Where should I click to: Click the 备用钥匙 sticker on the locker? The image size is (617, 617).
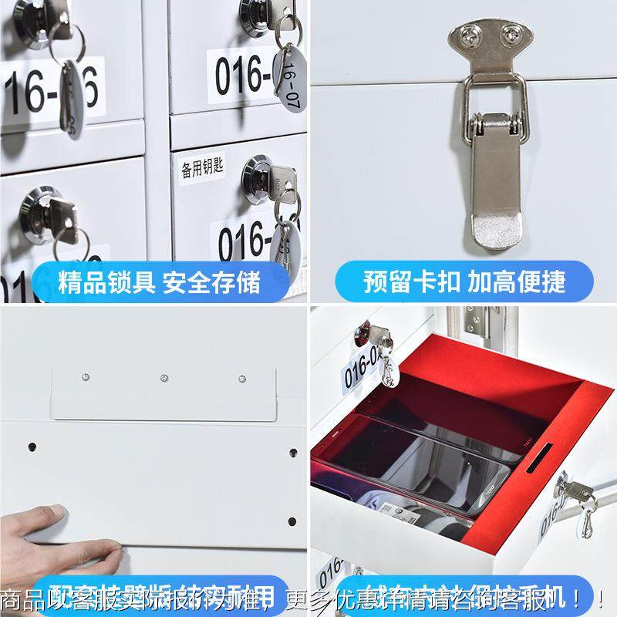(x=203, y=168)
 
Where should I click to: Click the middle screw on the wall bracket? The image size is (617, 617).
(x=164, y=378)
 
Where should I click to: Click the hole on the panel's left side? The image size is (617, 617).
(x=32, y=447)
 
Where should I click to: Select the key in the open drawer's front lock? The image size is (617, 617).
(x=577, y=492)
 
